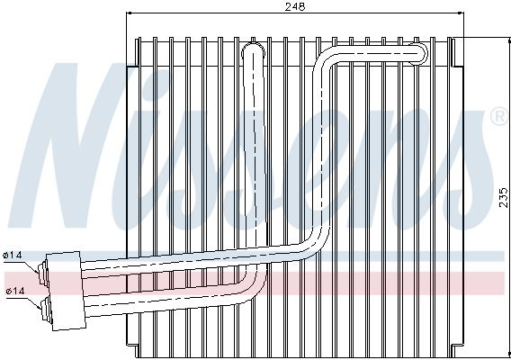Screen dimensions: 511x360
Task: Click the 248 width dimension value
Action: (x=295, y=6)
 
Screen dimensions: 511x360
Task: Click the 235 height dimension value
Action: (x=504, y=197)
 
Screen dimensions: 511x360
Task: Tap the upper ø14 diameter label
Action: (x=13, y=255)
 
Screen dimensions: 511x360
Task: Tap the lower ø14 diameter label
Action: (x=15, y=291)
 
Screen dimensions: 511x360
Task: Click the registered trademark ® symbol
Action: (x=498, y=117)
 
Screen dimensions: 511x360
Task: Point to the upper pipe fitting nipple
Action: (x=42, y=274)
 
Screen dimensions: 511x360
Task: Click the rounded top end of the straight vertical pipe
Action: (x=253, y=49)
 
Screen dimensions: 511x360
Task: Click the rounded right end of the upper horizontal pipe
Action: (x=420, y=54)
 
